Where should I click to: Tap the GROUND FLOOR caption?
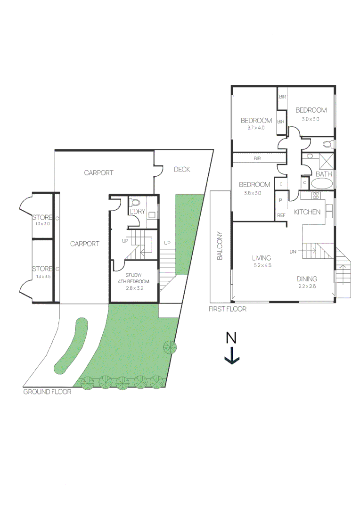(x=47, y=392)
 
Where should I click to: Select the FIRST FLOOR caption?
(x=228, y=309)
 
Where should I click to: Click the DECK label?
(x=182, y=170)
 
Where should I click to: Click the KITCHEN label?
(x=307, y=212)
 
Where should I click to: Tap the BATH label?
(x=324, y=174)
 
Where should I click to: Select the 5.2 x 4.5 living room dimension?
(x=262, y=265)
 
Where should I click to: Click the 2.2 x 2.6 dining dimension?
(x=307, y=286)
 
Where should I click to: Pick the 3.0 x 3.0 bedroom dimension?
(x=311, y=119)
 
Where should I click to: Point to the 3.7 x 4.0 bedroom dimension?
(x=256, y=127)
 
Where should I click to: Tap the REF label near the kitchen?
(x=281, y=215)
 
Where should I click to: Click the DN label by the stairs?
(x=293, y=252)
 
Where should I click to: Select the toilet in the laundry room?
(x=135, y=202)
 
